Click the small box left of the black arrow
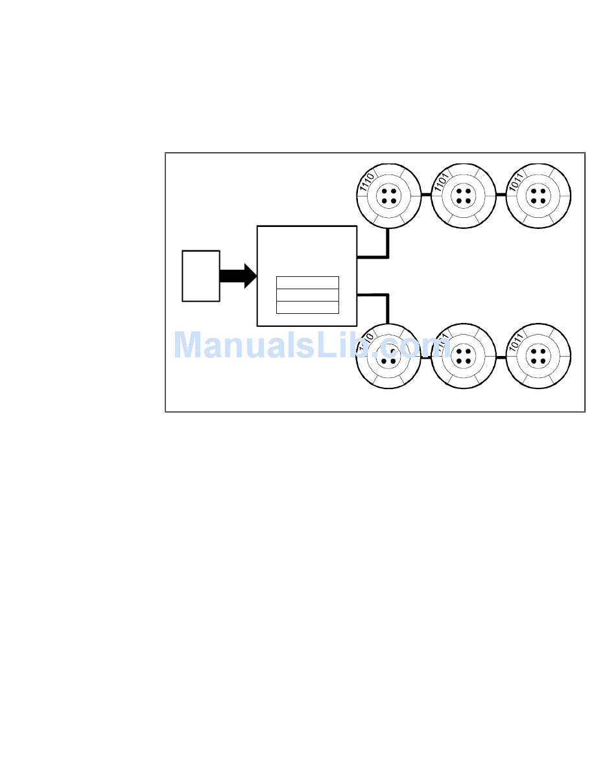201,276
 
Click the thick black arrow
237,276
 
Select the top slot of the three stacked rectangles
307,283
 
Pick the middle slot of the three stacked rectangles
307,295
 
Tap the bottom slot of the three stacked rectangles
307,307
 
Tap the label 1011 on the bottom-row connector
515,345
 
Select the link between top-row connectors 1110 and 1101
426,195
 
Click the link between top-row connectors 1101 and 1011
501,195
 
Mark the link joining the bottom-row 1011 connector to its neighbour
501,357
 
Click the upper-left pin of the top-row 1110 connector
385,191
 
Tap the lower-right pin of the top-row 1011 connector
543,200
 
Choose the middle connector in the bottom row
463,357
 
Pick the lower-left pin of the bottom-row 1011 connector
534,361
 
